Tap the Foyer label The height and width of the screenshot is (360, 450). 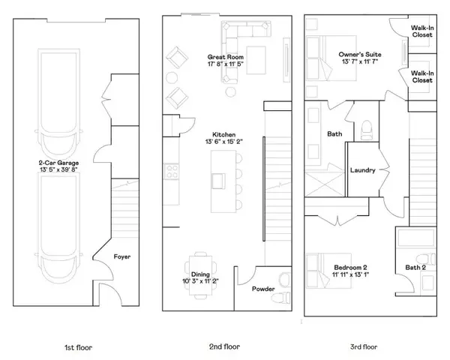coord(122,257)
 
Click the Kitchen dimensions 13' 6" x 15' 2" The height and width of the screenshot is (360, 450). coord(214,141)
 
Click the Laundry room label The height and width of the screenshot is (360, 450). coord(362,170)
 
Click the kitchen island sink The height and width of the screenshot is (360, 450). coord(220,180)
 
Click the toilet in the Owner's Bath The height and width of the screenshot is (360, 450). coord(367,130)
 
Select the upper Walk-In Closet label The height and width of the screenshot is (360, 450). coord(421,31)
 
